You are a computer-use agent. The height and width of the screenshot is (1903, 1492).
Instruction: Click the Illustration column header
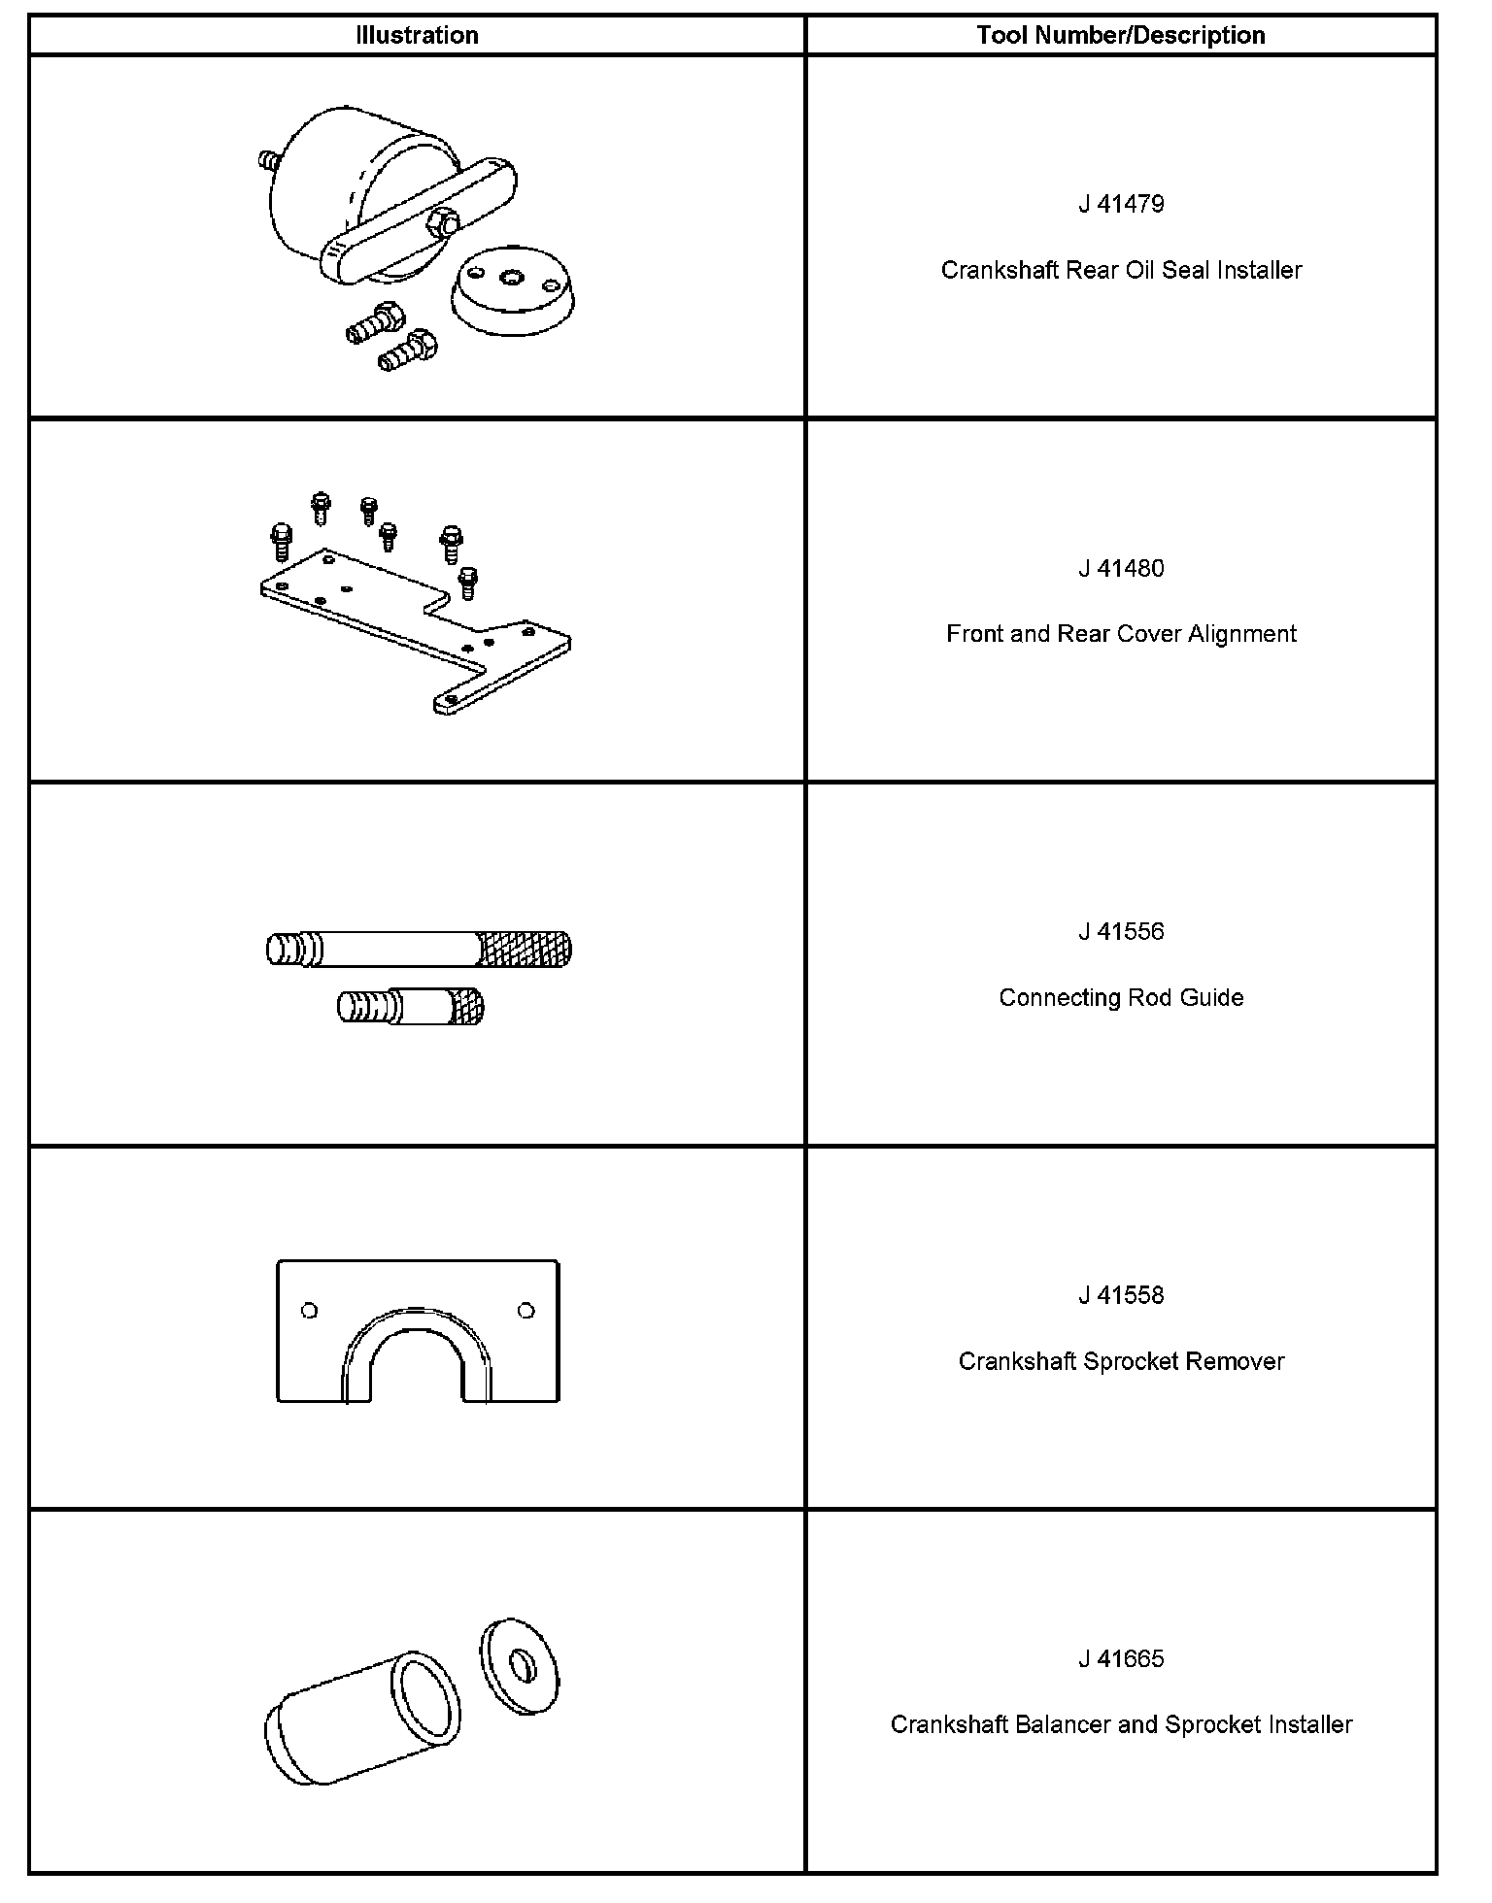point(417,36)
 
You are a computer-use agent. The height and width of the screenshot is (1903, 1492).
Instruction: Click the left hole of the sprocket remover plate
point(310,1311)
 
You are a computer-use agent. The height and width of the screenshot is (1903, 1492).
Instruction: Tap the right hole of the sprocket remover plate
point(526,1311)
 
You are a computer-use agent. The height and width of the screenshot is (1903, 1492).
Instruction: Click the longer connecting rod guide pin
point(419,949)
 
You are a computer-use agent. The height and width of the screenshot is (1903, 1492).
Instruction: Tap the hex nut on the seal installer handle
point(444,223)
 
